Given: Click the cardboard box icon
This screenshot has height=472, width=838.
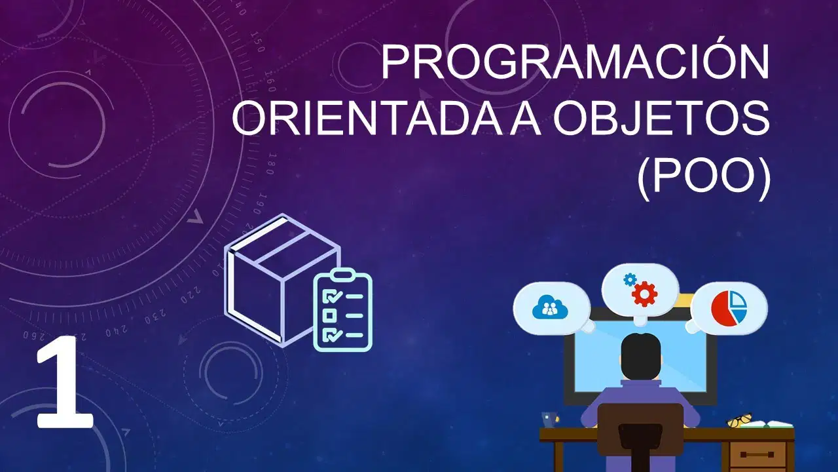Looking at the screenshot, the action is click(x=282, y=280).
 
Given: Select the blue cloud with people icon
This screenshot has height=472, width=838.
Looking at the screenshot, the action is click(x=549, y=307).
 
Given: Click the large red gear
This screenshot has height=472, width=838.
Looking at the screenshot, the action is click(x=645, y=294).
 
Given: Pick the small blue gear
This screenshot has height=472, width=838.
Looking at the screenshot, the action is click(x=630, y=279).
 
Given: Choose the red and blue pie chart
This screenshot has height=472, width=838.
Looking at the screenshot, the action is click(x=729, y=309).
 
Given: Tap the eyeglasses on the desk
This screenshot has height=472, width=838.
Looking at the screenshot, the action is click(x=739, y=420).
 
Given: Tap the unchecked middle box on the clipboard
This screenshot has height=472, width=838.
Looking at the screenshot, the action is click(x=329, y=315).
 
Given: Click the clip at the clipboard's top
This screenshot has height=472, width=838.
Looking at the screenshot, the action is click(x=342, y=274).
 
